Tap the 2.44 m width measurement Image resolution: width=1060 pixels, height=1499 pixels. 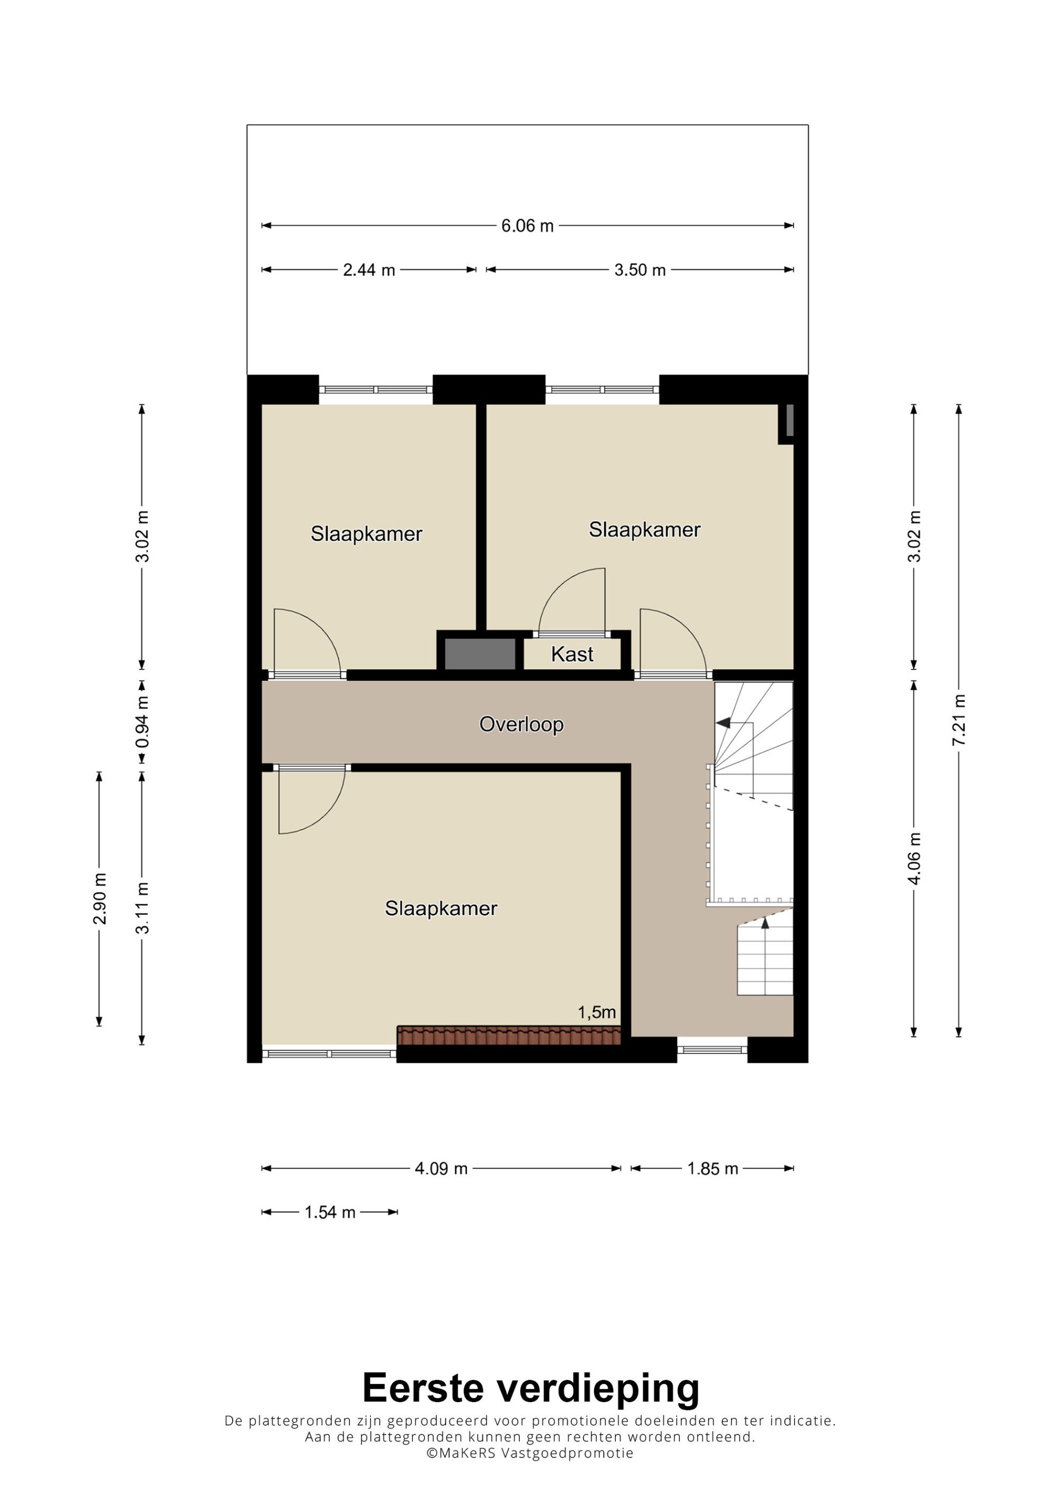click(369, 270)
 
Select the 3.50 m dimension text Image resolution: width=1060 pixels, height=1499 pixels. click(640, 270)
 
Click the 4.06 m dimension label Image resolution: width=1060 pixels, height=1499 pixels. click(914, 859)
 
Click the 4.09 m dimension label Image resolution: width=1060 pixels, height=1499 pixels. click(441, 1168)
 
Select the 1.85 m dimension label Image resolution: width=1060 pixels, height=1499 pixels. click(712, 1168)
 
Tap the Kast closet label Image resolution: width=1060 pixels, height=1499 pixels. click(572, 654)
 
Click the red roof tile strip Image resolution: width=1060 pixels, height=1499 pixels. click(509, 1035)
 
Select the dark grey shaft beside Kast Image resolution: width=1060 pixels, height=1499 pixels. click(480, 654)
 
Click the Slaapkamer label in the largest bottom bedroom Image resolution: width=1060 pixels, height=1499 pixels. click(441, 908)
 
